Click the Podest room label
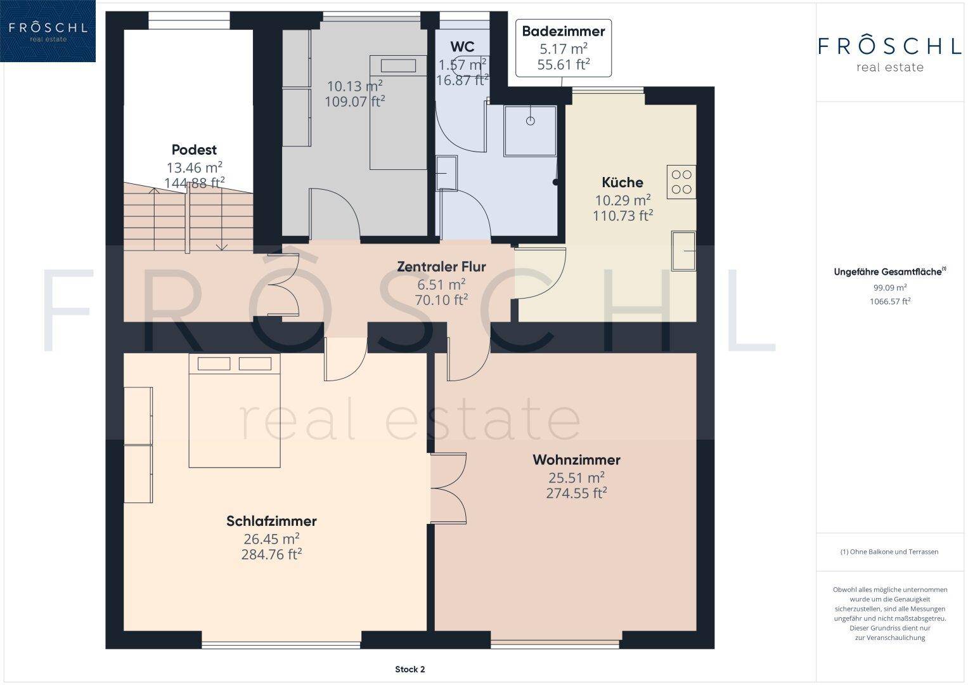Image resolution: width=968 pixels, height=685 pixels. point(194,150)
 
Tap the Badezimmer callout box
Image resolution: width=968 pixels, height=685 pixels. point(564,48)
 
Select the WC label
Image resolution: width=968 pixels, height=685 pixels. point(462,46)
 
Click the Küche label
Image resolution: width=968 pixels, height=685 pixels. point(623,183)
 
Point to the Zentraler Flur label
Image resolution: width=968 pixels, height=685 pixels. point(441,266)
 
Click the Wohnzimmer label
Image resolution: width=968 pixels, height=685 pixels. point(576,460)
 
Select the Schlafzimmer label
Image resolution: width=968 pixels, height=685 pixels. point(271,521)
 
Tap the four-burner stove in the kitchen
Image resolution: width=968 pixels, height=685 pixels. point(681,181)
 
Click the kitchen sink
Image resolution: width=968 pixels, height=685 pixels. point(683,251)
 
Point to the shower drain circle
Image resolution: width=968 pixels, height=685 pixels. point(530,121)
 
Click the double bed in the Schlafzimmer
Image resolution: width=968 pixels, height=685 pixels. point(235,410)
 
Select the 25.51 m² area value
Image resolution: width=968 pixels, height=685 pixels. point(576,478)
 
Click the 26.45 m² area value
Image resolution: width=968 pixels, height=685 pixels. point(271,539)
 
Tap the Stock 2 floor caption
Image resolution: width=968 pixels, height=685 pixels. point(410,669)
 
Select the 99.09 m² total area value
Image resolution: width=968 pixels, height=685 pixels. point(890,287)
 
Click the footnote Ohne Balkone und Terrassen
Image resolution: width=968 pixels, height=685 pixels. point(889,552)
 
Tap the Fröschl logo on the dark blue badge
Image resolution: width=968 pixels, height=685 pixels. point(48,31)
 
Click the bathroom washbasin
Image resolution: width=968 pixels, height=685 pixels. point(446,173)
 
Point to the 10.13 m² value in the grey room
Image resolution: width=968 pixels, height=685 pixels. point(354,86)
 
